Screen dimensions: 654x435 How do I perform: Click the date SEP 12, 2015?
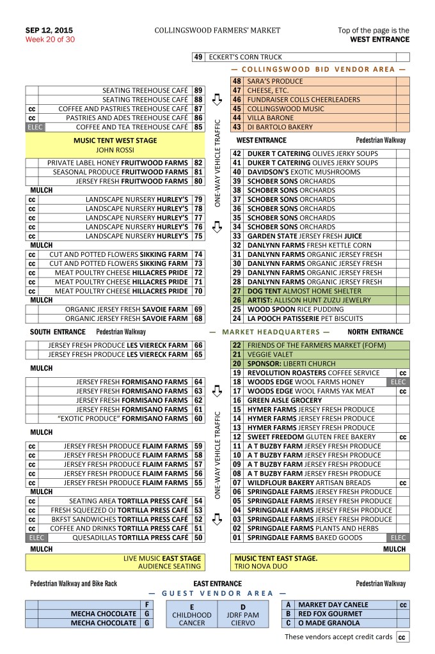(x=49, y=30)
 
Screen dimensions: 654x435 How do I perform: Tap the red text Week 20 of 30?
(x=50, y=39)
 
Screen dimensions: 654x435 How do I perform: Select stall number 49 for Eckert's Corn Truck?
(x=198, y=57)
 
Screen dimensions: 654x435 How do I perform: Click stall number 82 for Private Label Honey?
(x=198, y=163)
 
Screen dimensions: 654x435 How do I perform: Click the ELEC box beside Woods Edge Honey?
(x=399, y=382)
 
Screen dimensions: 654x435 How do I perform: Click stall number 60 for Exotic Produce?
(x=198, y=419)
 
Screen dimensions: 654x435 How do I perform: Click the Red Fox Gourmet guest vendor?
(x=330, y=614)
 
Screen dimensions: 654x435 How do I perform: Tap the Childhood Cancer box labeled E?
(x=192, y=614)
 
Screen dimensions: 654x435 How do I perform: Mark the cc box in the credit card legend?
(x=402, y=637)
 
